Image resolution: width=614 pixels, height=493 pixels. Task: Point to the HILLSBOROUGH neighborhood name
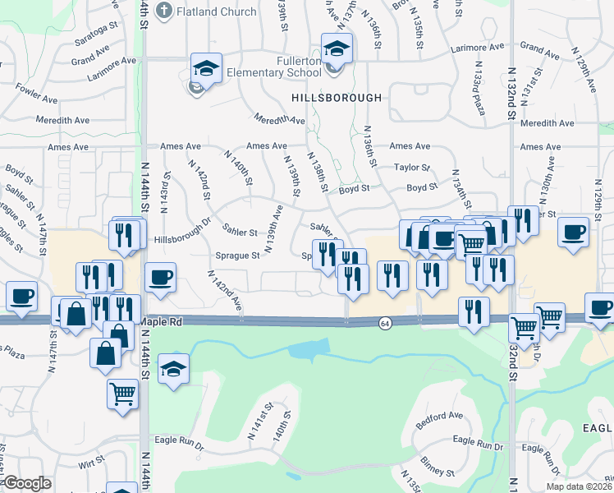tap(337, 97)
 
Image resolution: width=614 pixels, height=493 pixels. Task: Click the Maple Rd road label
tap(160, 322)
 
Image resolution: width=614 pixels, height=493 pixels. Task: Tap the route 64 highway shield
tap(384, 325)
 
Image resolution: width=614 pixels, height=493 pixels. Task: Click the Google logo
tap(26, 483)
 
